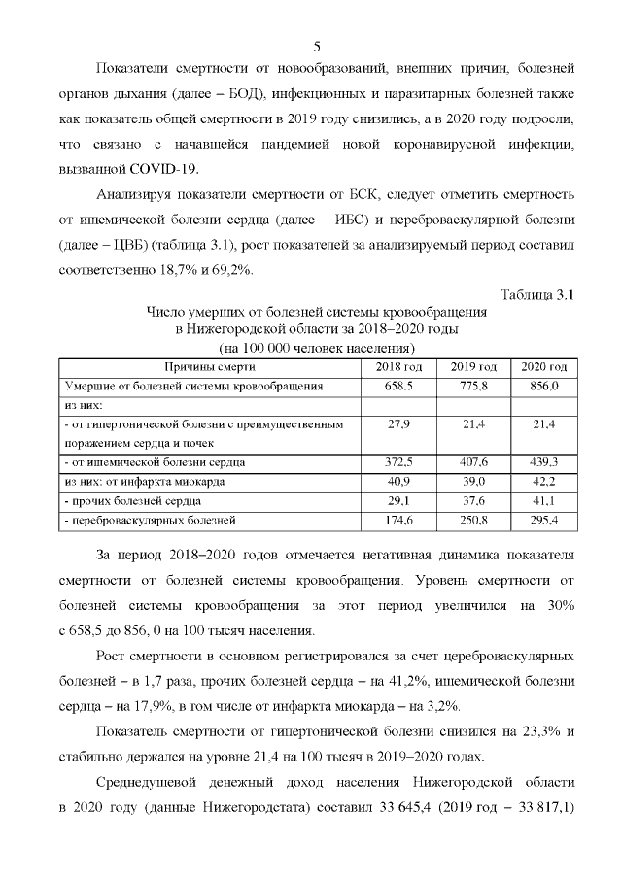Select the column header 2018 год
[398, 366]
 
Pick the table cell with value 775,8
[473, 386]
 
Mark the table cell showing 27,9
[399, 424]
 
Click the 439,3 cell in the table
[544, 462]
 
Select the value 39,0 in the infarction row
[473, 482]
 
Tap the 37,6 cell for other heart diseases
[473, 501]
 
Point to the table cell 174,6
[399, 521]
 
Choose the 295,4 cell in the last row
[544, 521]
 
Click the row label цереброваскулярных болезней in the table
[152, 521]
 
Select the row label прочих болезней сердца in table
[135, 501]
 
